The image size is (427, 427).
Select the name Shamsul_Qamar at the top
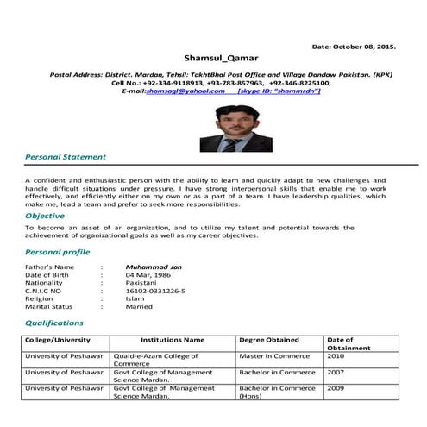pos(214,57)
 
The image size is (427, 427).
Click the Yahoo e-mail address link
pos(185,91)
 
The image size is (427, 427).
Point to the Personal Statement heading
pos(66,157)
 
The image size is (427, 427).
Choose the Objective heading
pos(45,215)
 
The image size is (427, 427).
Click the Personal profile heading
pos(58,252)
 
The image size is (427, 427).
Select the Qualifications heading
pos(54,323)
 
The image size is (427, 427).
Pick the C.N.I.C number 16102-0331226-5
pos(155,291)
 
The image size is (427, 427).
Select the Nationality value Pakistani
pos(141,282)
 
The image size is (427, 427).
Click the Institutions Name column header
pos(173,340)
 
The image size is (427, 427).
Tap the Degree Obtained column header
pos(269,340)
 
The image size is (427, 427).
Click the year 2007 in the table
pos(336,372)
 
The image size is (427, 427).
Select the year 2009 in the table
pos(336,388)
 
